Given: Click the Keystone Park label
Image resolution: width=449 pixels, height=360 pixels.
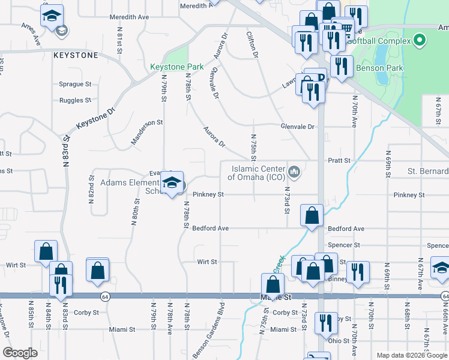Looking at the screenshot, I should pos(177,67).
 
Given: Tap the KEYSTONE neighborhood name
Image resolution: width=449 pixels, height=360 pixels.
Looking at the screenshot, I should pos(76,55).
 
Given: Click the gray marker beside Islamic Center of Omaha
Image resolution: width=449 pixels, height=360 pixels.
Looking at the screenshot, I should pos(294,173).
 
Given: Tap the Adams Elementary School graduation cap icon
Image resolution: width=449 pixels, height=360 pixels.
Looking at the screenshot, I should pos(172,183).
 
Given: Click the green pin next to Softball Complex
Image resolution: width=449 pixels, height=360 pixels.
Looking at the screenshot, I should pos(420,41).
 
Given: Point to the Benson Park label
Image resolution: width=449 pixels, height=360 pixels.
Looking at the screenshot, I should pos(379,68).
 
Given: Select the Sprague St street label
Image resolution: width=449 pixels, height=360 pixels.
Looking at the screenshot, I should pos(75,85).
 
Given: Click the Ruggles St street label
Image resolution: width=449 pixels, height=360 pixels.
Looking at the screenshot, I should pos(75,100).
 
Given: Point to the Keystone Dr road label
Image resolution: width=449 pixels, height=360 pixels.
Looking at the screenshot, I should pos(95,120).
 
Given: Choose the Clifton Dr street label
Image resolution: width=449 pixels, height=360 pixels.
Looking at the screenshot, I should pos(252,46).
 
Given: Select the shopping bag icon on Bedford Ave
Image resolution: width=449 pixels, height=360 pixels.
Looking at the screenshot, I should pos(312,215).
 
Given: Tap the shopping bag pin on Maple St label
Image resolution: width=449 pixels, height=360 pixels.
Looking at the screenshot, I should pos(273,284).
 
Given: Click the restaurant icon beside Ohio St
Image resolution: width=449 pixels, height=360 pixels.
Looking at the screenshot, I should pos(323,322).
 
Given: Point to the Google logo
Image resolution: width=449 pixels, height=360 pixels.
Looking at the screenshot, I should pos(20,353).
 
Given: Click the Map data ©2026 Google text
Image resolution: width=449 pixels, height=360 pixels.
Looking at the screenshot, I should pos(412,355).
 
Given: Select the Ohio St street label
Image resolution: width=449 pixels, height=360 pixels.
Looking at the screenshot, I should pos(340,341).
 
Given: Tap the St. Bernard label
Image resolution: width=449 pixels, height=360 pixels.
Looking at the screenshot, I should pos(428,171).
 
